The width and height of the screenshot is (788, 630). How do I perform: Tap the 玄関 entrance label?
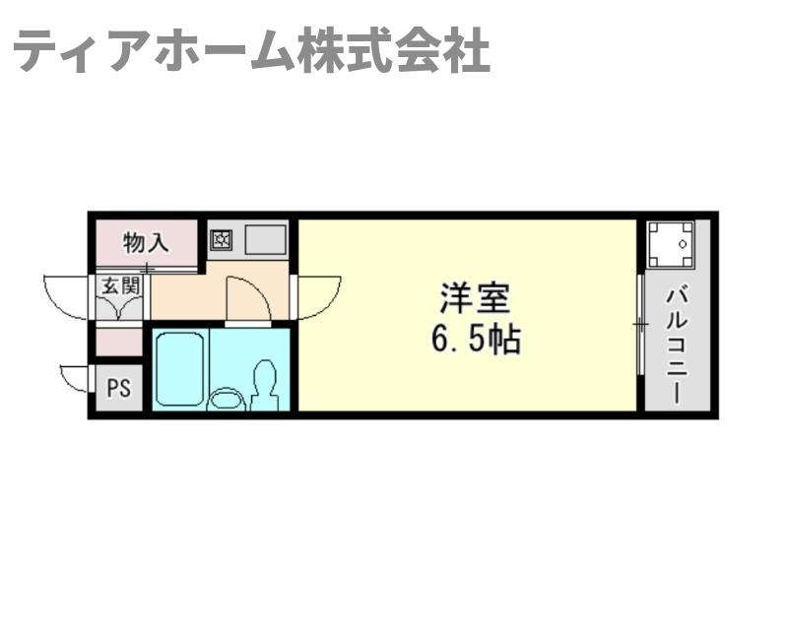[120, 286]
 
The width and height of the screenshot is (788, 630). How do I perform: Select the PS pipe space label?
[118, 388]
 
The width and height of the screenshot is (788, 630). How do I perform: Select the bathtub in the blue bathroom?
[179, 366]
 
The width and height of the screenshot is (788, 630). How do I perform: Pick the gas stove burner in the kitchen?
[221, 238]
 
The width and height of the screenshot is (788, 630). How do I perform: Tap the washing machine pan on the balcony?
[671, 243]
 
